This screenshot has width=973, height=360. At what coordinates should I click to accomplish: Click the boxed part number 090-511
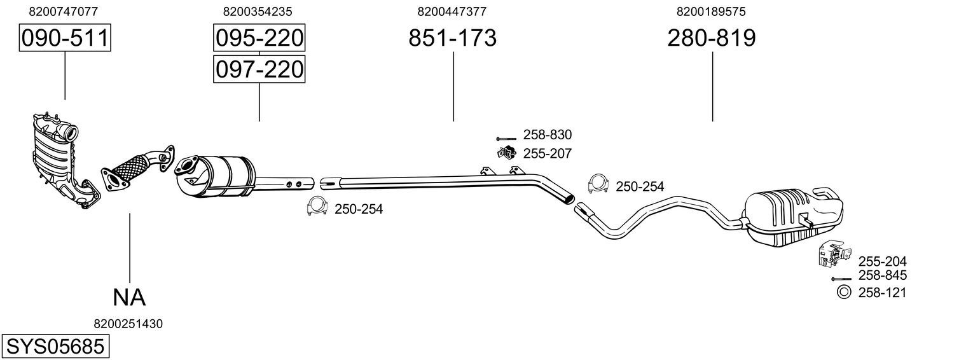point(65,38)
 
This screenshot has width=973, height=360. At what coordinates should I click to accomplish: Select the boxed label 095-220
point(259,38)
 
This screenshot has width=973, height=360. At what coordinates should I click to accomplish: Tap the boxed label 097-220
point(259,69)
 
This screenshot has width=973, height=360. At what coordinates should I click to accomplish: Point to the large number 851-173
point(452,38)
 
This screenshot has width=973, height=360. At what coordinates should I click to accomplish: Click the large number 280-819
point(712,38)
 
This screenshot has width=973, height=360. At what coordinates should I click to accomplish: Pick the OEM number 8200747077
point(64,11)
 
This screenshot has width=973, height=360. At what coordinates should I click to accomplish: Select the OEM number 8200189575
point(711,11)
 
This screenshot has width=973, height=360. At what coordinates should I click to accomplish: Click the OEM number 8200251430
point(128,324)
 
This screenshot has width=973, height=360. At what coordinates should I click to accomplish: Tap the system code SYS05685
point(55,347)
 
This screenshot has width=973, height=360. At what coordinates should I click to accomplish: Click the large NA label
point(129,298)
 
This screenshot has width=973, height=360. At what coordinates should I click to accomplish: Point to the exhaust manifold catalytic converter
point(64,162)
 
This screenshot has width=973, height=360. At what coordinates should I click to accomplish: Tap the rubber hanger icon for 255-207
point(506,153)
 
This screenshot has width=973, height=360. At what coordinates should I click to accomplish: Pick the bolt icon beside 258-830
point(506,139)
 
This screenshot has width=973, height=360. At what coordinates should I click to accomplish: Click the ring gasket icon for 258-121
point(843,292)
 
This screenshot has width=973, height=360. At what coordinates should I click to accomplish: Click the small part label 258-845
point(882,275)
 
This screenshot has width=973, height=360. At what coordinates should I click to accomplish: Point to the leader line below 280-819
point(712,87)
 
